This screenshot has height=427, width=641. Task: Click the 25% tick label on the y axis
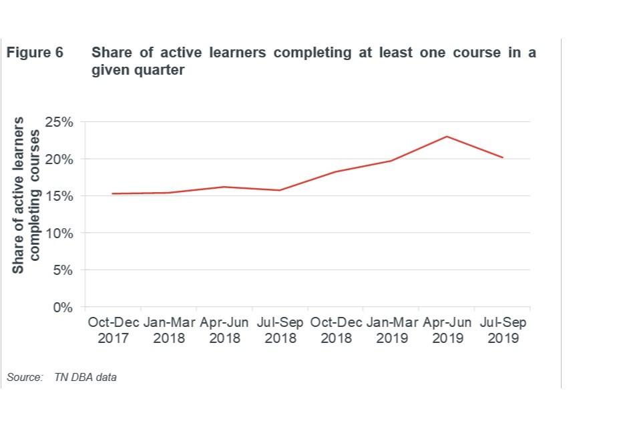[x=60, y=122]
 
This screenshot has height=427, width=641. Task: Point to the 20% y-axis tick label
[x=60, y=159]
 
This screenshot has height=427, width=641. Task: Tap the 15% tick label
[x=60, y=196]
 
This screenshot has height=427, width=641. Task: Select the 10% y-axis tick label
[x=60, y=234]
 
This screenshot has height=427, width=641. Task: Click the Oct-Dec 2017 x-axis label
[x=113, y=330]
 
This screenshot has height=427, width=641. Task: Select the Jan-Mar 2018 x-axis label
[x=168, y=330]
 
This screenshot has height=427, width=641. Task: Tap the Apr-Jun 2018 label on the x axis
[x=224, y=330]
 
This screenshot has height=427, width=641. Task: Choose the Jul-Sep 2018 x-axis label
[x=280, y=330]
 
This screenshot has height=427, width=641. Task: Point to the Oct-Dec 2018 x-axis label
[x=335, y=330]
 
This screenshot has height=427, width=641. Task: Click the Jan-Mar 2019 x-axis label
[x=391, y=330]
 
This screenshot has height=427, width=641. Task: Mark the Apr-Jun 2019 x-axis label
[x=447, y=330]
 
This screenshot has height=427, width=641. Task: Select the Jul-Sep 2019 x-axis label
[x=502, y=330]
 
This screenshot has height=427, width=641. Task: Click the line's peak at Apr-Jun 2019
[x=447, y=137]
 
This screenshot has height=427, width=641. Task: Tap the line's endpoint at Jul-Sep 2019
[x=502, y=157]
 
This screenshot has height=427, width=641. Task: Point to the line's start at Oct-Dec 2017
[x=113, y=193]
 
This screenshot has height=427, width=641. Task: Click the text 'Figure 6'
[x=35, y=53]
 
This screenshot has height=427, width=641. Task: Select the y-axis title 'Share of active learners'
[x=19, y=195]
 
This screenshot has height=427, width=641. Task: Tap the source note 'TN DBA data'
[x=85, y=378]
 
